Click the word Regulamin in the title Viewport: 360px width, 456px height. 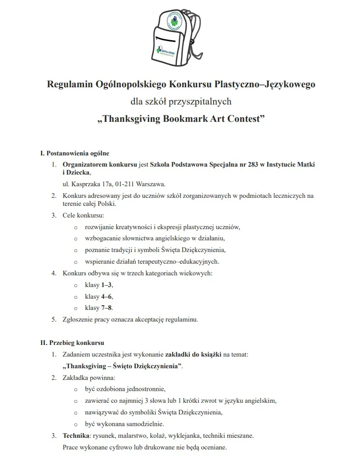pyautogui.click(x=70, y=84)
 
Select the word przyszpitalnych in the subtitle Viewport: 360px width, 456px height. pyautogui.click(x=201, y=101)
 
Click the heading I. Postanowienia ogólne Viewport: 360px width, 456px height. pyautogui.click(x=75, y=153)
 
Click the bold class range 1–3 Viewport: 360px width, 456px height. pyautogui.click(x=106, y=285)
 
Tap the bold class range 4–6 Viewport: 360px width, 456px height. pyautogui.click(x=106, y=296)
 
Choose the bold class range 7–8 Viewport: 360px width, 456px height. pyautogui.click(x=106, y=308)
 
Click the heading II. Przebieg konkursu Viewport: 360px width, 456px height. pyautogui.click(x=72, y=343)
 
